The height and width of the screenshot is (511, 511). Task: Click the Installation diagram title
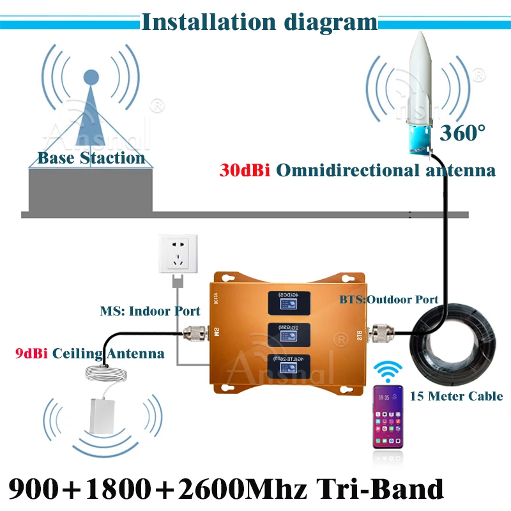coord(259,22)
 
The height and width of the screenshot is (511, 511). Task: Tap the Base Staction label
coord(91,158)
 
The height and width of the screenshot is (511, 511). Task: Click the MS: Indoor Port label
coord(149,311)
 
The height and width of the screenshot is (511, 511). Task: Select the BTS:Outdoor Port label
coord(388,298)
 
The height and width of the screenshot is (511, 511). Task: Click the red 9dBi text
coord(32,353)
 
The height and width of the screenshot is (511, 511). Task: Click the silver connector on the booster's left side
coord(193,332)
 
